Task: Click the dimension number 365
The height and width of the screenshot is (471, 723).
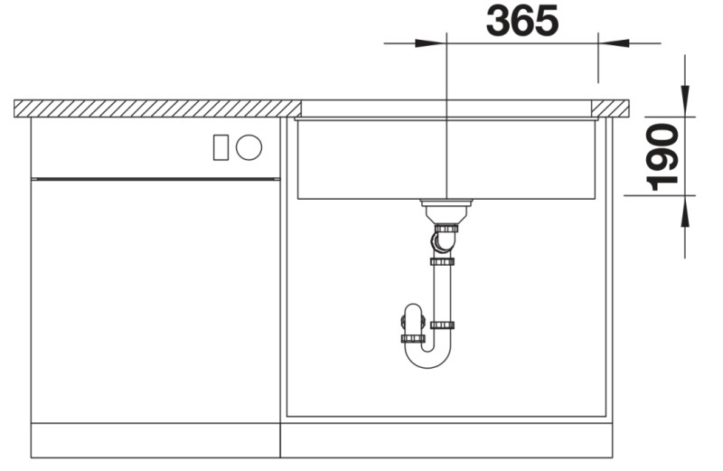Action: (x=521, y=21)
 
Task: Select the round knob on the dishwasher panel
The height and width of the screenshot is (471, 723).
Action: (x=249, y=147)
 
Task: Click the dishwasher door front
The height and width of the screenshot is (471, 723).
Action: (x=154, y=298)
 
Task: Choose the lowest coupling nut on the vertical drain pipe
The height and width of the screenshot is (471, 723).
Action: (x=443, y=325)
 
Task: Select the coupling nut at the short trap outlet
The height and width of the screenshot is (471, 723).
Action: (x=413, y=338)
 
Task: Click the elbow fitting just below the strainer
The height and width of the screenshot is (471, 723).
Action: (x=443, y=242)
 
